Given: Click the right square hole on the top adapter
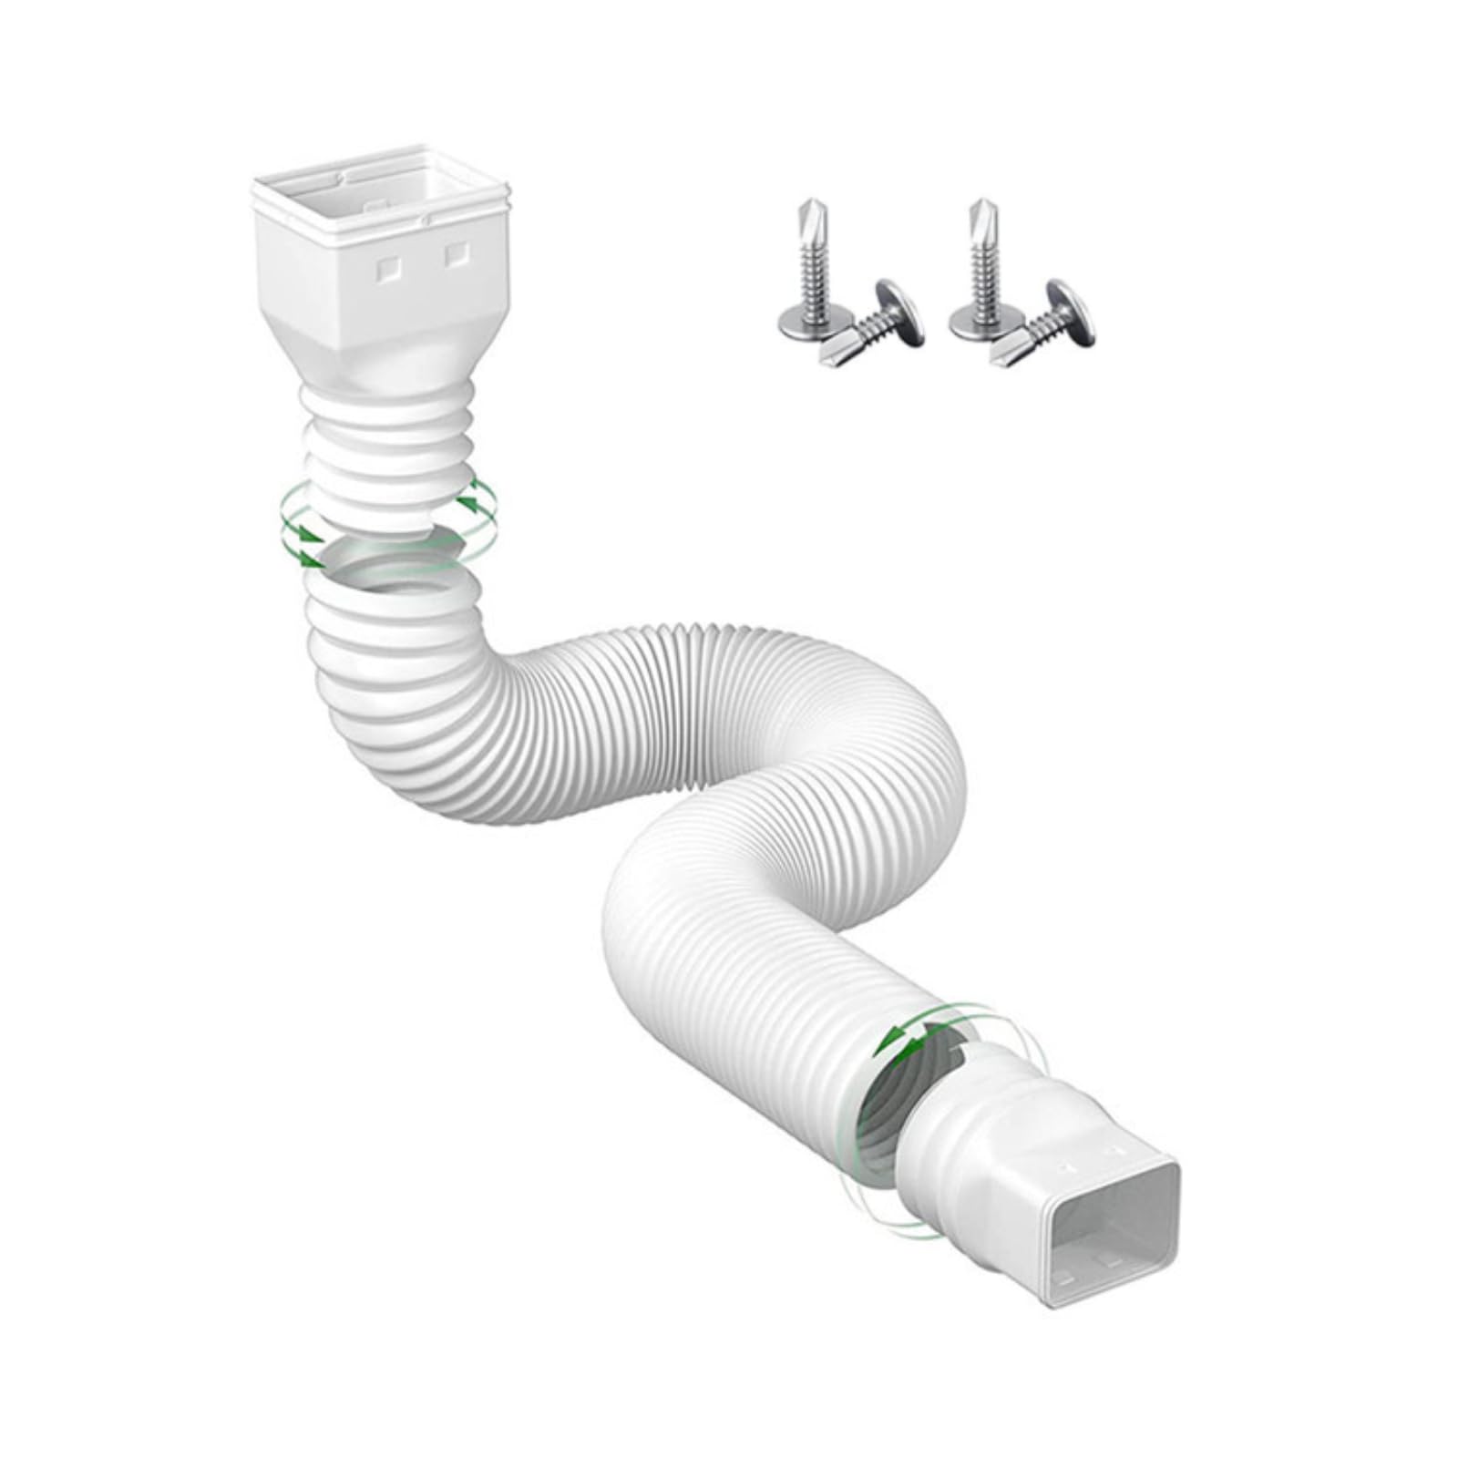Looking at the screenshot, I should tap(453, 260).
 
